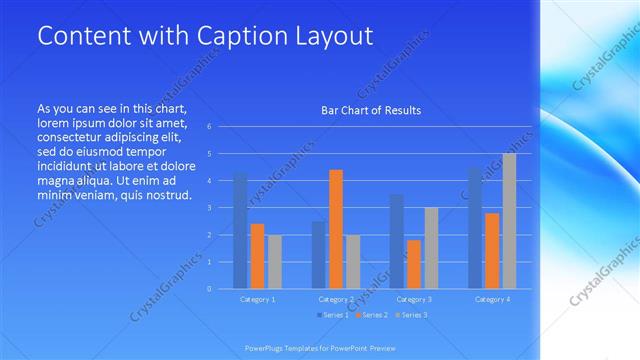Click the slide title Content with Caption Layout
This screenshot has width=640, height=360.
pos(205,36)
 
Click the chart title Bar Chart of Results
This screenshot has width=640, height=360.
pos(370,110)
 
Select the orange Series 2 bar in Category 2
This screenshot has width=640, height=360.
pos(336,229)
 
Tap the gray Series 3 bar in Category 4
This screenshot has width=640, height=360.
pos(509,221)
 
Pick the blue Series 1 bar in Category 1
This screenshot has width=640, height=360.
pos(240,230)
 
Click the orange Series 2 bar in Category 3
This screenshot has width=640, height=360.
pos(414,264)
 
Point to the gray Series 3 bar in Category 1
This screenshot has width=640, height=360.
pos(274,262)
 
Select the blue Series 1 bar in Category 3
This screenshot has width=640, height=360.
pos(397,241)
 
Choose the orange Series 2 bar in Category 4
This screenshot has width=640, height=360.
pos(492,251)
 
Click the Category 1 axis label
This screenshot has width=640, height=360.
pos(258,299)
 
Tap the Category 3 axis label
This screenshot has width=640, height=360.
pos(414,299)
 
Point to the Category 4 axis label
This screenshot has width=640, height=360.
pos(492,299)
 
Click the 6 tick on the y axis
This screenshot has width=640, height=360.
pos(209,127)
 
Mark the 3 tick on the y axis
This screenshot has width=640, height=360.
pos(209,208)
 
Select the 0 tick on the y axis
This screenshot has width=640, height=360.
pos(209,289)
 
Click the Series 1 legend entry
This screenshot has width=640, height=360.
pos(333,316)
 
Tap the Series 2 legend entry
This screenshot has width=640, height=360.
pos(374,316)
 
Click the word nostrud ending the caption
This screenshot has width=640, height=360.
pos(165,193)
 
